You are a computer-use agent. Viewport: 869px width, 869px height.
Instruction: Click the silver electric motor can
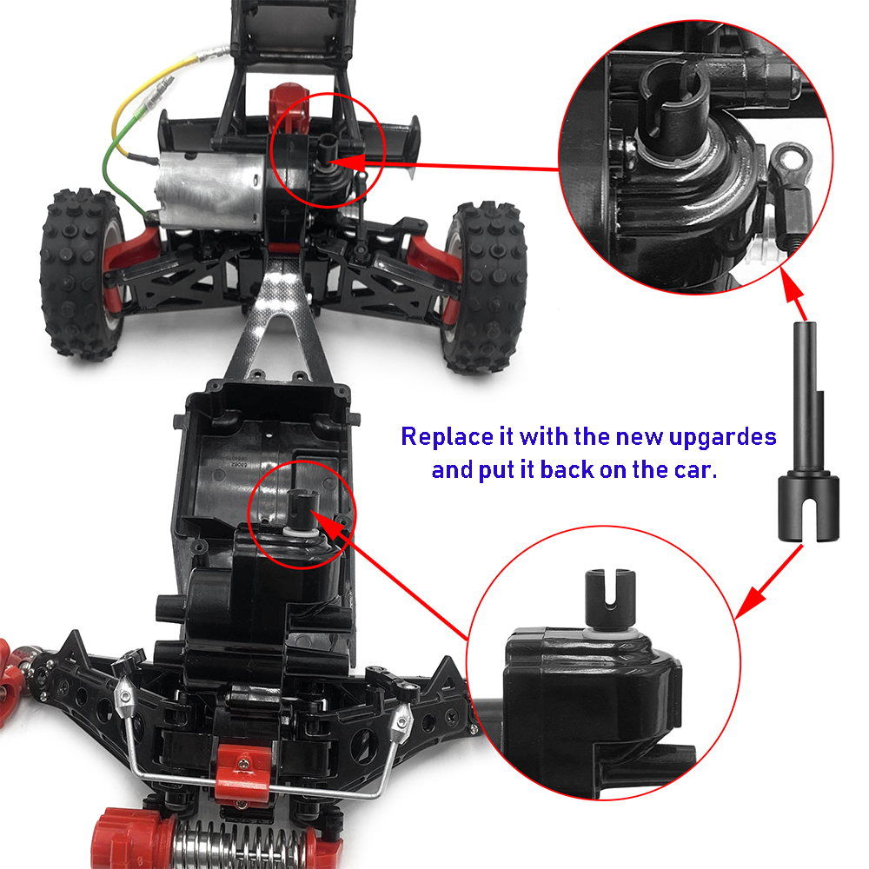210,191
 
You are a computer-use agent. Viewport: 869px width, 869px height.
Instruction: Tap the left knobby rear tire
82,275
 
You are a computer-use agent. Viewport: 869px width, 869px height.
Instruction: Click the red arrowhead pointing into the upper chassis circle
348,163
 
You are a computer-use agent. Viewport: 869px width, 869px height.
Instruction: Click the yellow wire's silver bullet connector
209,54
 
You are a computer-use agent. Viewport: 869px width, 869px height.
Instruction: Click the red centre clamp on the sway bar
242,770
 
